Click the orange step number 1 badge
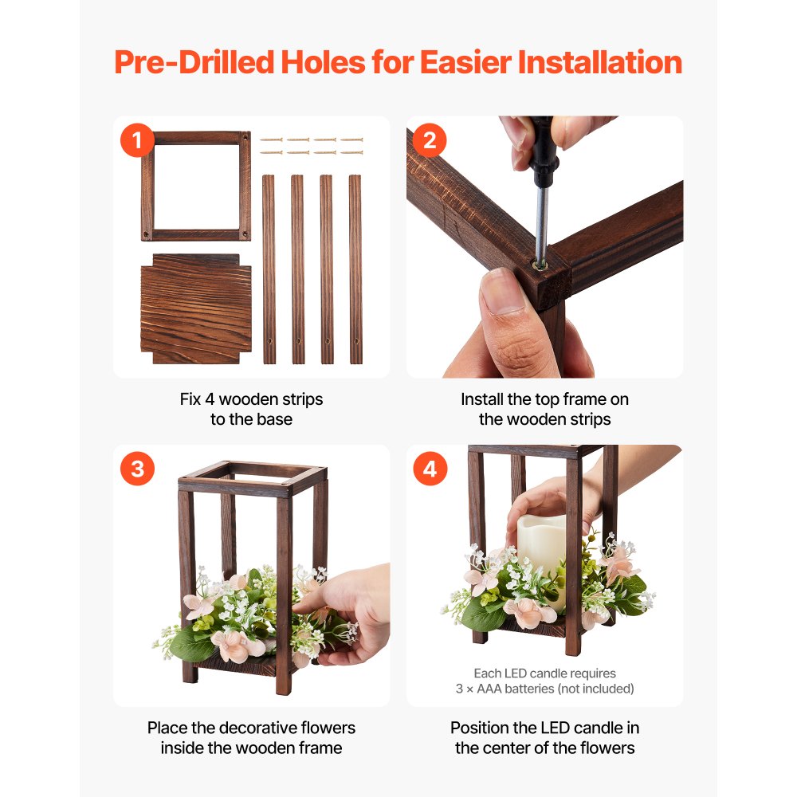pos(137,140)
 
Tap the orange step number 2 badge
pos(430,140)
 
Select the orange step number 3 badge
pos(137,469)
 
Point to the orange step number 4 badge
pos(430,469)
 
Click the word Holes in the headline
pos(323,62)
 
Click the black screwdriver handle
pos(542,147)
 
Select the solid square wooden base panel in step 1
pos(196,309)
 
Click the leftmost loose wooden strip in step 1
pos(269,269)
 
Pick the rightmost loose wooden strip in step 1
pos(355,269)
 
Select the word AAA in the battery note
pos(489,689)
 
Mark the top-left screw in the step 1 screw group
pos(272,139)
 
